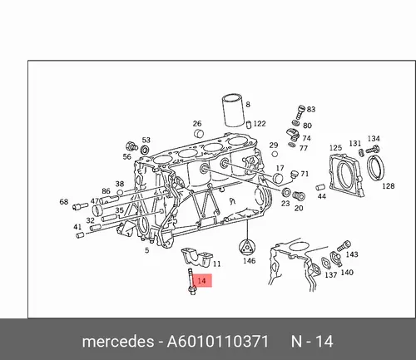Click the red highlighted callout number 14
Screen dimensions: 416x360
[201, 280]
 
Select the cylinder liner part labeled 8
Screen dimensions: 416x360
[233, 111]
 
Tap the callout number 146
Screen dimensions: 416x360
[249, 261]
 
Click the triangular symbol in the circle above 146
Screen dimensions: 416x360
[246, 246]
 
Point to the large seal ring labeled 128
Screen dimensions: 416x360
[376, 168]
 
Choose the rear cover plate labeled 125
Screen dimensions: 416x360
[346, 175]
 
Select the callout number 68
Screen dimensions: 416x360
[64, 201]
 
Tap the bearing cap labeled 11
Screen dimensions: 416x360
[196, 257]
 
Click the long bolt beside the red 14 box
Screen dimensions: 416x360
[191, 281]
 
